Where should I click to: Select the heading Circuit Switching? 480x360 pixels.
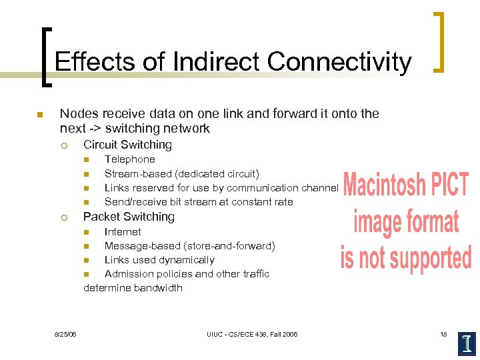pyautogui.click(x=127, y=145)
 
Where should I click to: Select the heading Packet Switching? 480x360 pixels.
pyautogui.click(x=129, y=217)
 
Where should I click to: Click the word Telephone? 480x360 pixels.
pyautogui.click(x=129, y=159)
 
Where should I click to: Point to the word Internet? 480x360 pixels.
pyautogui.click(x=123, y=232)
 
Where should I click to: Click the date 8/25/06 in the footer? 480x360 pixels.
pyautogui.click(x=65, y=334)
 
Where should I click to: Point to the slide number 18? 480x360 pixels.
pyautogui.click(x=443, y=334)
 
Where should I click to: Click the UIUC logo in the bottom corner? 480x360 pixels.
pyautogui.click(x=467, y=343)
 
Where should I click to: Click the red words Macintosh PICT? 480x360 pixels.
pyautogui.click(x=406, y=185)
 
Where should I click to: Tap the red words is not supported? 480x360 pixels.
pyautogui.click(x=406, y=257)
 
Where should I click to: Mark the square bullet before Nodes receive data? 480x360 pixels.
pyautogui.click(x=40, y=115)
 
